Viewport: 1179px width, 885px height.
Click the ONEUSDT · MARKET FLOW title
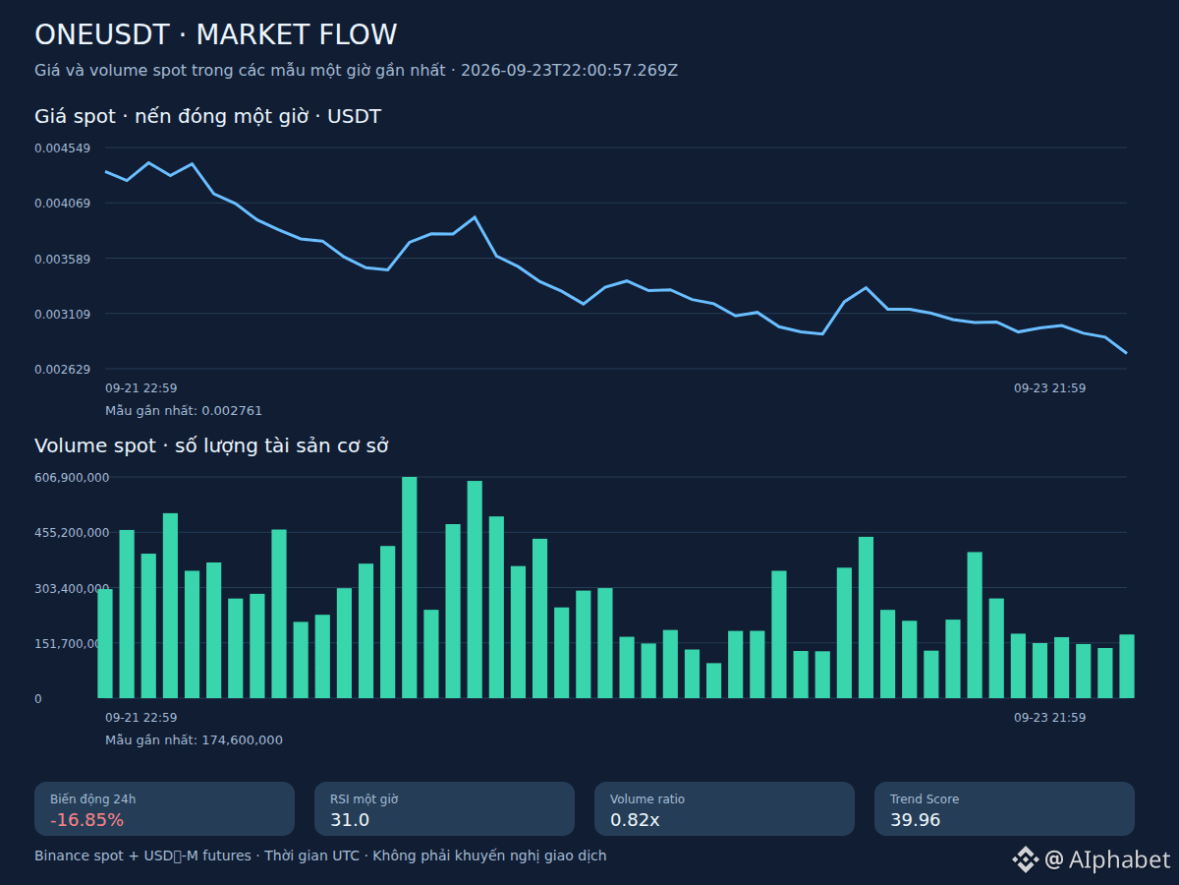215,35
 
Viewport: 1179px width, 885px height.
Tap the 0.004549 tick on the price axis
62,148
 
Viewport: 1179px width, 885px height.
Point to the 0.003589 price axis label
62,260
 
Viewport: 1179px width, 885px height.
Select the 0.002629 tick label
62,370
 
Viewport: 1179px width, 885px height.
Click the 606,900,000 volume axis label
72,478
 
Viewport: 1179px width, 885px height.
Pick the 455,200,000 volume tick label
72,533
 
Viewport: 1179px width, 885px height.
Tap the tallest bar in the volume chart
410,587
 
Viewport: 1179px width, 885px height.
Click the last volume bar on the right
1127,667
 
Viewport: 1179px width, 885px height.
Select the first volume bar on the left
105,644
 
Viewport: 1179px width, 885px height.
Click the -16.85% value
87,820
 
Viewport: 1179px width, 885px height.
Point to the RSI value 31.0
350,820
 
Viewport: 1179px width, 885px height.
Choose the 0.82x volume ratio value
635,820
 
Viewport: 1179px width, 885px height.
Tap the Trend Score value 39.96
916,820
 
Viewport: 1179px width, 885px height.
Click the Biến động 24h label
93,799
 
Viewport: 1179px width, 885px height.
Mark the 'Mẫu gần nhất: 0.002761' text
184,411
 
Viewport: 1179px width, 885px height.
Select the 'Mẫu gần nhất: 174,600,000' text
194,740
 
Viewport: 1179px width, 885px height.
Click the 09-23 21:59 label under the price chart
1049,388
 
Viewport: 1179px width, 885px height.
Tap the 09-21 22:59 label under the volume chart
141,718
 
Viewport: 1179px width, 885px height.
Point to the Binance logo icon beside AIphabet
1026,859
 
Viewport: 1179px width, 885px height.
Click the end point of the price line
1126,353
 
